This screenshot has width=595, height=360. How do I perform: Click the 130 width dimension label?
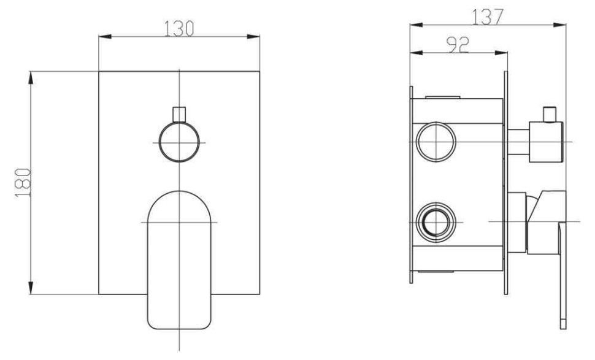pyautogui.click(x=178, y=28)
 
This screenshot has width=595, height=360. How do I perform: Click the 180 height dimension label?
pyautogui.click(x=23, y=183)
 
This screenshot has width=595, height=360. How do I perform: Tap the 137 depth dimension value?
pyautogui.click(x=488, y=17)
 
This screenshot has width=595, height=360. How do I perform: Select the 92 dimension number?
pyautogui.click(x=458, y=44)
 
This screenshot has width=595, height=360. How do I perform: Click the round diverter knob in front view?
pyautogui.click(x=179, y=142)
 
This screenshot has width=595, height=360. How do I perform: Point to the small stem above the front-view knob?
pyautogui.click(x=179, y=115)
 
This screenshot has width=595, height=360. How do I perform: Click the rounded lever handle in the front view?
pyautogui.click(x=178, y=260)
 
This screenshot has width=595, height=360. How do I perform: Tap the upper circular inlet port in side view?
pyautogui.click(x=436, y=142)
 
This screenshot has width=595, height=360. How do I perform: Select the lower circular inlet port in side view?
pyautogui.click(x=436, y=222)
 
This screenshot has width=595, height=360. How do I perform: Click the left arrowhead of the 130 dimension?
pyautogui.click(x=105, y=36)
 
